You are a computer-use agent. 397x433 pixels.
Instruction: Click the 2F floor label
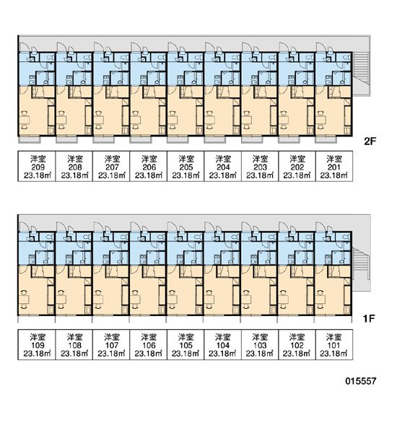click(370, 141)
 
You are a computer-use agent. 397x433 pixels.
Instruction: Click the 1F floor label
click(369, 319)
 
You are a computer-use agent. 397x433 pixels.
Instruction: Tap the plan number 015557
click(360, 381)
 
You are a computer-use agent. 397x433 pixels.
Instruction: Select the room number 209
click(38, 167)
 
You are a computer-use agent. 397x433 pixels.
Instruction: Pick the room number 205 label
click(186, 167)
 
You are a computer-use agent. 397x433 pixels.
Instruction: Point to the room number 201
click(334, 167)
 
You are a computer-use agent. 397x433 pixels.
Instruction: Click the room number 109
click(38, 345)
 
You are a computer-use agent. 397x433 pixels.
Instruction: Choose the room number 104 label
click(223, 345)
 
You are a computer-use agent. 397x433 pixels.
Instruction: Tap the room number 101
click(333, 345)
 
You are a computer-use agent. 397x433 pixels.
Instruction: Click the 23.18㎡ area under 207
click(112, 175)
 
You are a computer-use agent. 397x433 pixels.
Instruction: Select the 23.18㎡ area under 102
click(297, 354)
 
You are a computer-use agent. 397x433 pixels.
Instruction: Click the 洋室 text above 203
click(260, 159)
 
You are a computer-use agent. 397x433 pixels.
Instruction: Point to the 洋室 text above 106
click(149, 337)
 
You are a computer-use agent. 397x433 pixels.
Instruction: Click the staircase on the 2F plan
click(360, 69)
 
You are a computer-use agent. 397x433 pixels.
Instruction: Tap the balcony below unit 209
click(30, 140)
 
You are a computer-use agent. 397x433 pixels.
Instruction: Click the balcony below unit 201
click(326, 140)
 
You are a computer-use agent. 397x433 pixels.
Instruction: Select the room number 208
click(75, 167)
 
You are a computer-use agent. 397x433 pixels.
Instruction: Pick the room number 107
click(112, 345)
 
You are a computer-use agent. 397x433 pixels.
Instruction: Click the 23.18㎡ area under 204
click(223, 175)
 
